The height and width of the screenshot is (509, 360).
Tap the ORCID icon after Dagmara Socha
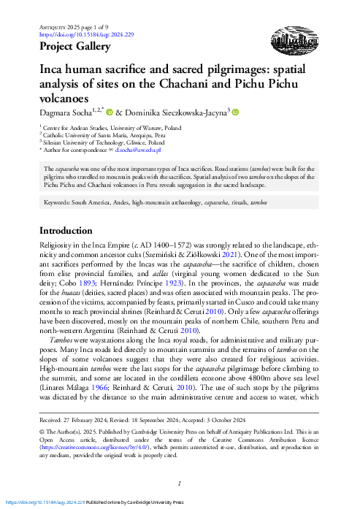click(110, 112)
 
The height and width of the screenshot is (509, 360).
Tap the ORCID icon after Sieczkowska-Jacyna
click(236, 112)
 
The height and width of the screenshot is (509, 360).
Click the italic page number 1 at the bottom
click(180, 483)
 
